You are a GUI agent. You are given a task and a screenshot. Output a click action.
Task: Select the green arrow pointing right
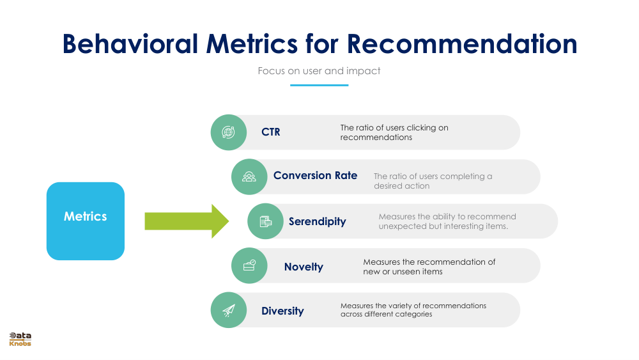tap(186, 221)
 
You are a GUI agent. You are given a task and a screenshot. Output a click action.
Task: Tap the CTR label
tap(270, 132)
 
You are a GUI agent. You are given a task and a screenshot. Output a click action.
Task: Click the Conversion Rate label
tap(315, 176)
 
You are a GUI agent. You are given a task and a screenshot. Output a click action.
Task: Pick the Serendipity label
tap(317, 222)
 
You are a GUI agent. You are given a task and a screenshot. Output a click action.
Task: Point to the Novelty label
tap(304, 267)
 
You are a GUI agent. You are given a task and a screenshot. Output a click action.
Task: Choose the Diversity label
tap(282, 311)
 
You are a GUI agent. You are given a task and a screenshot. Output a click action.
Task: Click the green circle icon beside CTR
tap(228, 132)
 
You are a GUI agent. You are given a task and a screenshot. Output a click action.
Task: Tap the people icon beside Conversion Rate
tap(249, 176)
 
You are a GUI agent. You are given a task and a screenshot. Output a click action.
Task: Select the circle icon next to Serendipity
tap(265, 221)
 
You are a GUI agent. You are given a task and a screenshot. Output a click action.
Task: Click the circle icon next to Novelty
tap(249, 265)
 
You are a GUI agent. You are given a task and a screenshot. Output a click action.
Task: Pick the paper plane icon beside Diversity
tap(228, 310)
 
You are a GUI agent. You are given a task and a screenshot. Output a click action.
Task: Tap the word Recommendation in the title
tap(462, 43)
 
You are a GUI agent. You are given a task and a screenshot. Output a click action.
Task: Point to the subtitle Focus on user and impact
tap(319, 71)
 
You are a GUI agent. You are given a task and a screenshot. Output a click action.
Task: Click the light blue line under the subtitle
tap(319, 84)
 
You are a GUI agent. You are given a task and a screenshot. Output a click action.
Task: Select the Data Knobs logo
tap(20, 340)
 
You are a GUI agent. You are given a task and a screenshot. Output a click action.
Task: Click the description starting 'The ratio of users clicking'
tap(394, 132)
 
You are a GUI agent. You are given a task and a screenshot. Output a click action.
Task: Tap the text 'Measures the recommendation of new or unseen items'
tap(429, 267)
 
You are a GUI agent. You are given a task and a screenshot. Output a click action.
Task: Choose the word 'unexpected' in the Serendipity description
tap(401, 226)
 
